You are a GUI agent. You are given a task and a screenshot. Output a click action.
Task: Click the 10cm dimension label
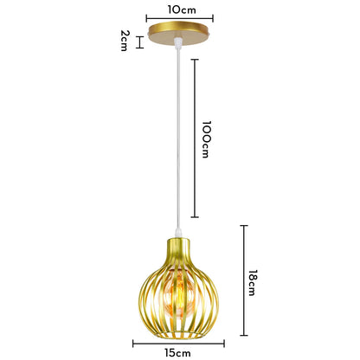click(182, 10)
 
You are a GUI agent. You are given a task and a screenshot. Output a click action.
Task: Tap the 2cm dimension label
click(125, 41)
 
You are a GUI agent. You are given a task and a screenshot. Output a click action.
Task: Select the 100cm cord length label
click(206, 139)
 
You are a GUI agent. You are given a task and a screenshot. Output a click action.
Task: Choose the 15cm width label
click(178, 353)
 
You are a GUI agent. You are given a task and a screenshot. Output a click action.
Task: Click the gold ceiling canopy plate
click(178, 33)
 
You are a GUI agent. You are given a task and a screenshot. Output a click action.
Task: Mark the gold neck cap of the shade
click(178, 248)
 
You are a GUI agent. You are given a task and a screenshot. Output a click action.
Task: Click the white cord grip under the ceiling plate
click(178, 42)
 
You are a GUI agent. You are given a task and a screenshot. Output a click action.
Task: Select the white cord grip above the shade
click(178, 233)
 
